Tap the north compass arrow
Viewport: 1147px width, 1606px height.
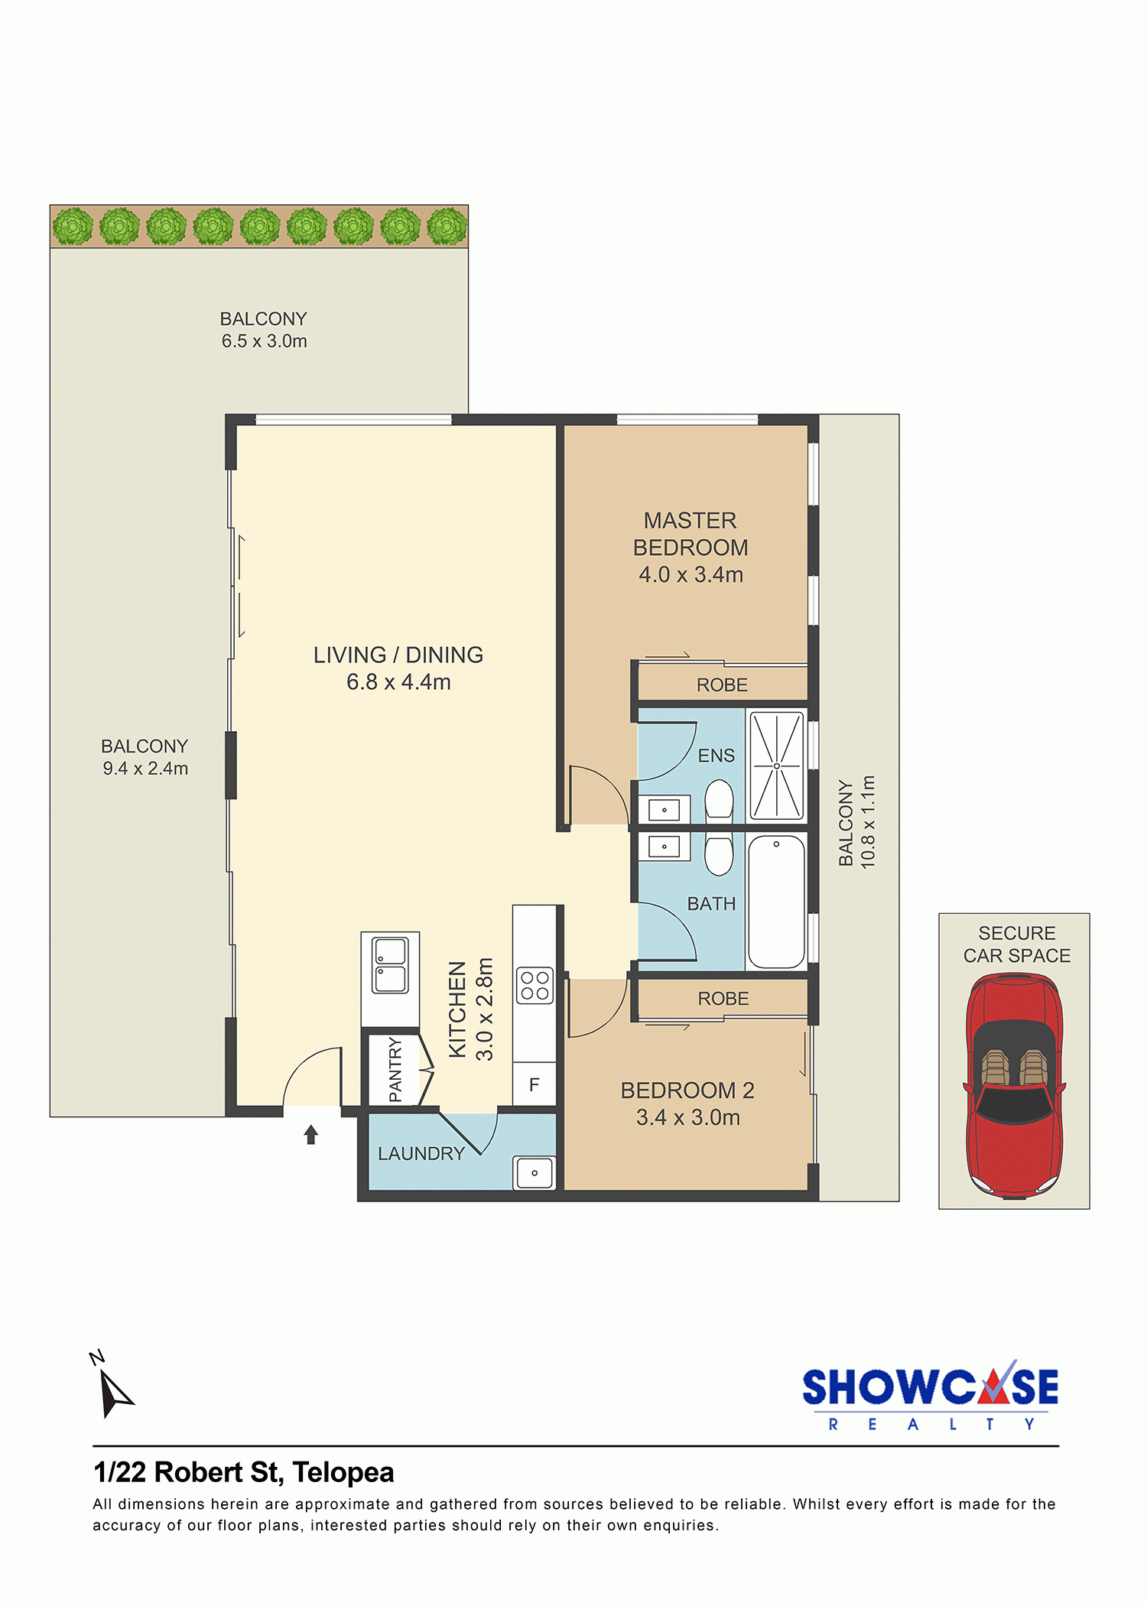pyautogui.click(x=115, y=1393)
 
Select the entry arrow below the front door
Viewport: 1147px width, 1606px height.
pyautogui.click(x=310, y=1134)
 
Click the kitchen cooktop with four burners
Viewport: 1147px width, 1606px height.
pyautogui.click(x=535, y=985)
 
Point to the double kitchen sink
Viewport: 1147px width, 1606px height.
pyautogui.click(x=390, y=965)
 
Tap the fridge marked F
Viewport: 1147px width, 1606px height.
pyautogui.click(x=534, y=1084)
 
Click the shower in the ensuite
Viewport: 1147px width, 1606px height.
pyautogui.click(x=776, y=766)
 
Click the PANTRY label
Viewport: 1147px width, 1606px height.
pyautogui.click(x=395, y=1069)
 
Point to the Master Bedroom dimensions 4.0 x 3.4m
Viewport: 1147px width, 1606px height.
pyautogui.click(x=691, y=574)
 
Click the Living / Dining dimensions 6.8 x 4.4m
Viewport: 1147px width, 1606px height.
pyautogui.click(x=398, y=681)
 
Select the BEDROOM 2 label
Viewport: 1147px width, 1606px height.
pyautogui.click(x=687, y=1091)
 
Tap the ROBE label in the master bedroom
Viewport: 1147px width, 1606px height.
pyautogui.click(x=722, y=685)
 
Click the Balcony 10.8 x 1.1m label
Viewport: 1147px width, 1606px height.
pyautogui.click(x=856, y=822)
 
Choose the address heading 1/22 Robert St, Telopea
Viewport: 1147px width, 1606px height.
pyautogui.click(x=244, y=1472)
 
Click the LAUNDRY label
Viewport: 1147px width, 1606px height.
pyautogui.click(x=421, y=1153)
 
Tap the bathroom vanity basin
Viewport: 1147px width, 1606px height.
pyautogui.click(x=664, y=847)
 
